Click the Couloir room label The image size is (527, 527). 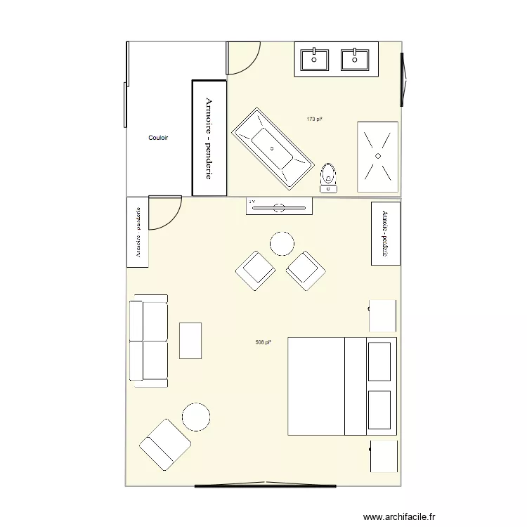pos(158,138)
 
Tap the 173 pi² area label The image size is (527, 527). pos(314,119)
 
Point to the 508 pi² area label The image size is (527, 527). pos(263,343)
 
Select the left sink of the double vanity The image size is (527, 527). pos(315,59)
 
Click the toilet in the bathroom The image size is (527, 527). pos(328,178)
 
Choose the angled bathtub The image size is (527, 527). pos(273,149)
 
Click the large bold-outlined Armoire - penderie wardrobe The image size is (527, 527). pos(209,138)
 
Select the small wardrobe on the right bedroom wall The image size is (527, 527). pos(385,233)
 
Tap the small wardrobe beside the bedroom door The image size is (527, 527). pos(138,233)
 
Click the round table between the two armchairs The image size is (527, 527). pos(282,244)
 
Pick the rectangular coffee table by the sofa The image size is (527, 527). pos(190,340)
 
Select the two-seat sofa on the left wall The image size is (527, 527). pos(148,341)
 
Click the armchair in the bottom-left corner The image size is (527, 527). pos(165,445)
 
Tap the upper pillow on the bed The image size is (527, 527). pos(379,361)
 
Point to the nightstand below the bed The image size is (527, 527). pos(384,456)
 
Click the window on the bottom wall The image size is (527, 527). pos(265,485)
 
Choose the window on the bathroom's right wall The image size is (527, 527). pos(403,79)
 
